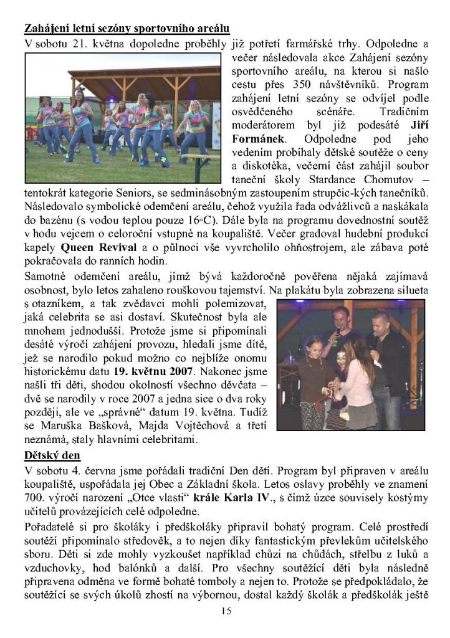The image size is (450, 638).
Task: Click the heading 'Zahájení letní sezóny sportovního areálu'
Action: pyautogui.click(x=127, y=29)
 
